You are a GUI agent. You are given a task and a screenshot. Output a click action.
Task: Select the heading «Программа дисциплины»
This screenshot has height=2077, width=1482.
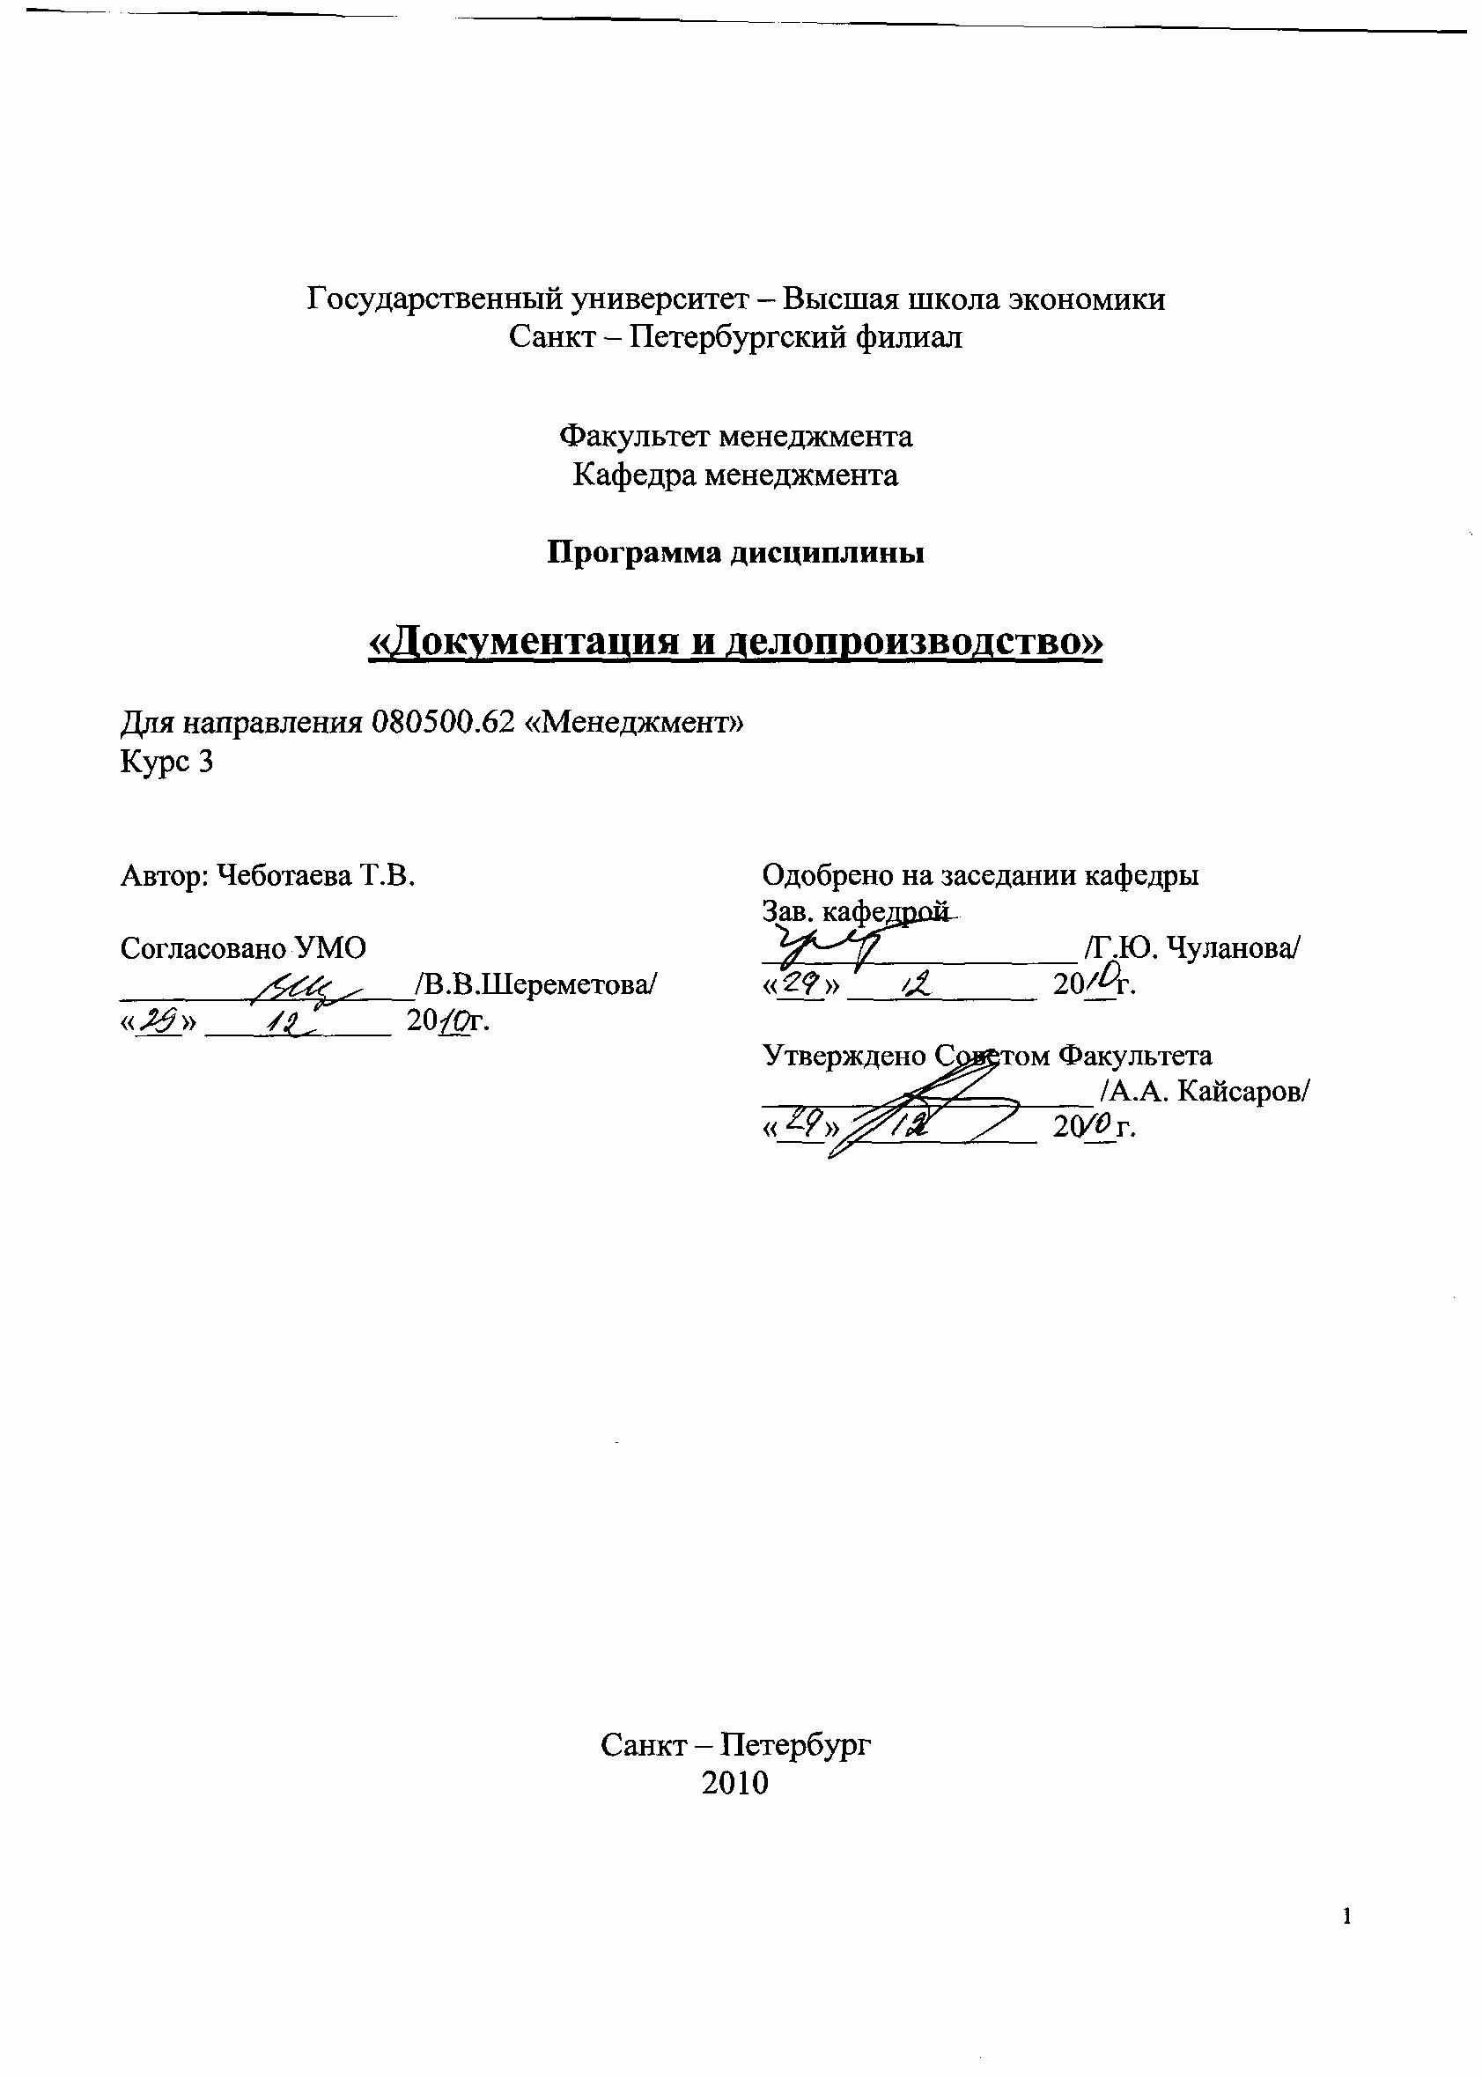(x=735, y=553)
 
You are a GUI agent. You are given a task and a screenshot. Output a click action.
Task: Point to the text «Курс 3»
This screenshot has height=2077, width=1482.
(x=167, y=761)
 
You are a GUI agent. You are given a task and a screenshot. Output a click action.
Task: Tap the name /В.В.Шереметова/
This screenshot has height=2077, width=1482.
(x=535, y=984)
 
